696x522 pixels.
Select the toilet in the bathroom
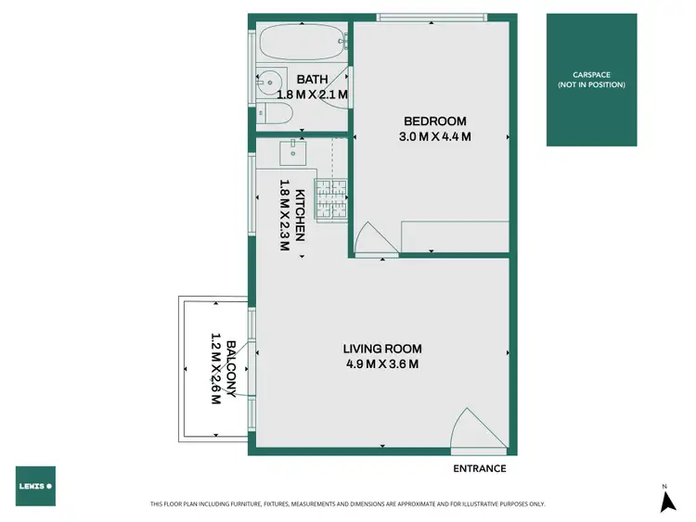click(277, 114)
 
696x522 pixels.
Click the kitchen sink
click(295, 150)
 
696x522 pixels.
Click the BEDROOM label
click(434, 121)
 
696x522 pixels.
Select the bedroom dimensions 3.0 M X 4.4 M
click(434, 137)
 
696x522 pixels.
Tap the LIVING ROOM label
click(382, 349)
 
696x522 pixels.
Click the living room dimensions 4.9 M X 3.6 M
click(382, 364)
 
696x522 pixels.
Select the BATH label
click(311, 80)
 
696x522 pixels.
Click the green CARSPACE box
click(591, 80)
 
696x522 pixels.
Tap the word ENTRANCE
click(479, 469)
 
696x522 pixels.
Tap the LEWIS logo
click(35, 486)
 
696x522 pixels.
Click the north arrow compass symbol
click(665, 501)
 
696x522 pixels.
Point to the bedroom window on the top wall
click(432, 16)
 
